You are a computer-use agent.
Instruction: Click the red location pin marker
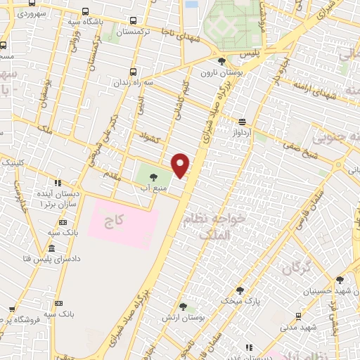(181, 165)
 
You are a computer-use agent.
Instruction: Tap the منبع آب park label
(153, 187)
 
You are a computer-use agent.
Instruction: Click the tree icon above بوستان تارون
(222, 61)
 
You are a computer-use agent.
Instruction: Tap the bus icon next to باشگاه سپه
(84, 12)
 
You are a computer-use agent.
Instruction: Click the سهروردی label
(32, 13)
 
